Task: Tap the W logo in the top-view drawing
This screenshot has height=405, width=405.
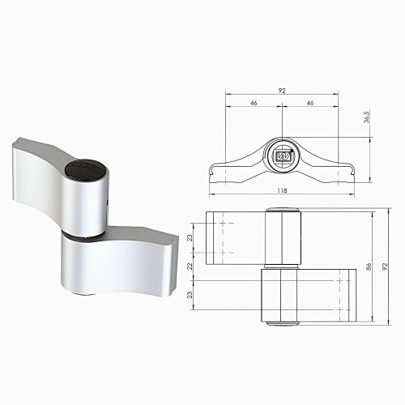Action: pos(283,156)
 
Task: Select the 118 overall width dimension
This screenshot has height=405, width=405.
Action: pos(282,190)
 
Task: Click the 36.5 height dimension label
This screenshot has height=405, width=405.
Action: pos(366,117)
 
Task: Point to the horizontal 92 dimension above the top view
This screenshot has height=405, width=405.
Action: pos(282,91)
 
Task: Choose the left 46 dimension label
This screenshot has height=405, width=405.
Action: pos(254,103)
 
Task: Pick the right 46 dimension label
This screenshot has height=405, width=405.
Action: pos(310,103)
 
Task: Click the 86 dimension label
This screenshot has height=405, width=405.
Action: pos(369,266)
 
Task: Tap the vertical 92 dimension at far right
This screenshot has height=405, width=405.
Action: pos(385,266)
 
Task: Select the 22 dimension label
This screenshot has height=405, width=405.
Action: pos(190,266)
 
